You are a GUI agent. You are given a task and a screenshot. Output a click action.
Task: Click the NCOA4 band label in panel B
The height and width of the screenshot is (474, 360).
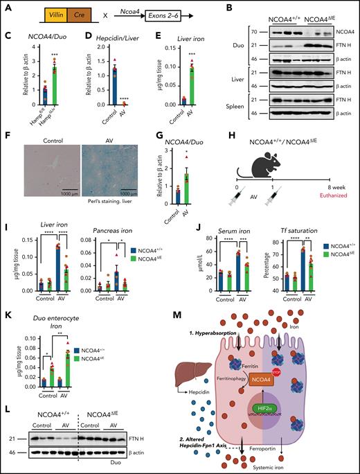tap(338, 32)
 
